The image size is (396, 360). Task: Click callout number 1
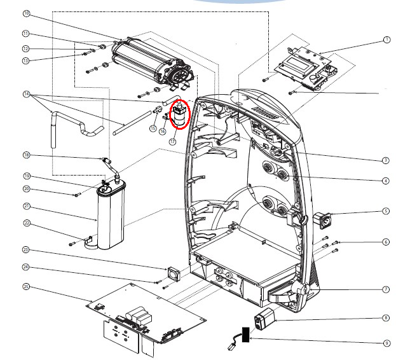[x=386, y=39]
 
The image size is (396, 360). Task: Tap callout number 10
[x=26, y=13]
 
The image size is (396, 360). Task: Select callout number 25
[x=26, y=287]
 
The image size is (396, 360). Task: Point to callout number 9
[x=386, y=343]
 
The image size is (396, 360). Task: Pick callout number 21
[x=26, y=206]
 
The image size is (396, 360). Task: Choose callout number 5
[x=386, y=212]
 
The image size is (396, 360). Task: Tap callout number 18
[x=26, y=155]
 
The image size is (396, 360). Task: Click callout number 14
[x=26, y=95]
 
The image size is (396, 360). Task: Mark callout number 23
[x=26, y=249]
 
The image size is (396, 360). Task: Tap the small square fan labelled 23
[x=173, y=272]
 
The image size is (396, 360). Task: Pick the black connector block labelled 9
[x=243, y=335]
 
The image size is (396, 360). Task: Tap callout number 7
[x=386, y=289]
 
